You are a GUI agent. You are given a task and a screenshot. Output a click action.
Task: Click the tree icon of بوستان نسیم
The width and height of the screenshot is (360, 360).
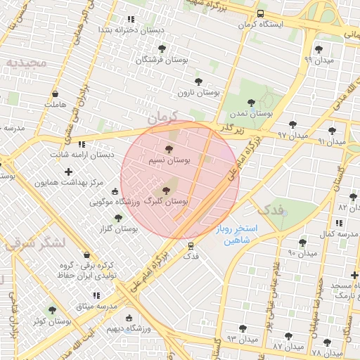(x=168, y=149)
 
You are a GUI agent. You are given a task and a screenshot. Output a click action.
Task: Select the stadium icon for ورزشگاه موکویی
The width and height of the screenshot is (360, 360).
(x=115, y=191)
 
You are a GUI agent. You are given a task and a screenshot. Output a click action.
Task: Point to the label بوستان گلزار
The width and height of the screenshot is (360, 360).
(x=117, y=229)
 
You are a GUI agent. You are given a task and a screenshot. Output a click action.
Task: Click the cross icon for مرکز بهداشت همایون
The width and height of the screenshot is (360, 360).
(x=68, y=172)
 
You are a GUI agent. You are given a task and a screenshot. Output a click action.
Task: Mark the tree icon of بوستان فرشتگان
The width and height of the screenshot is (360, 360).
(x=162, y=49)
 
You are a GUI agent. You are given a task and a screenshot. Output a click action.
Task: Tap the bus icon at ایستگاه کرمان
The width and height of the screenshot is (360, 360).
(x=261, y=13)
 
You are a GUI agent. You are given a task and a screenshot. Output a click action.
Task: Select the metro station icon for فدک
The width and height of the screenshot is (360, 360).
(x=191, y=245)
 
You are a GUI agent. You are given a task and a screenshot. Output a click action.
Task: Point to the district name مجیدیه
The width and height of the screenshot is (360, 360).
(x=26, y=63)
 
